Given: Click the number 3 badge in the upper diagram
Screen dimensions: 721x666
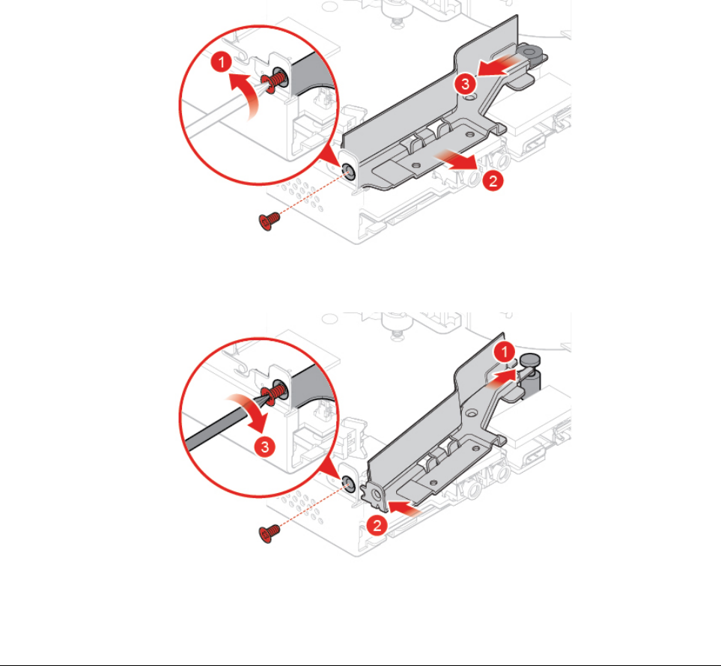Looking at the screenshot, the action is click(466, 85).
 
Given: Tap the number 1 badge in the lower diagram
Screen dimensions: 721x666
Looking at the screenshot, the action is click(507, 351).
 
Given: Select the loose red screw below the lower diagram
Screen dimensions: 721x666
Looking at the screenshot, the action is click(267, 533).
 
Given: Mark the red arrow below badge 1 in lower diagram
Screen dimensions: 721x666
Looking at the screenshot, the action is click(502, 381).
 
